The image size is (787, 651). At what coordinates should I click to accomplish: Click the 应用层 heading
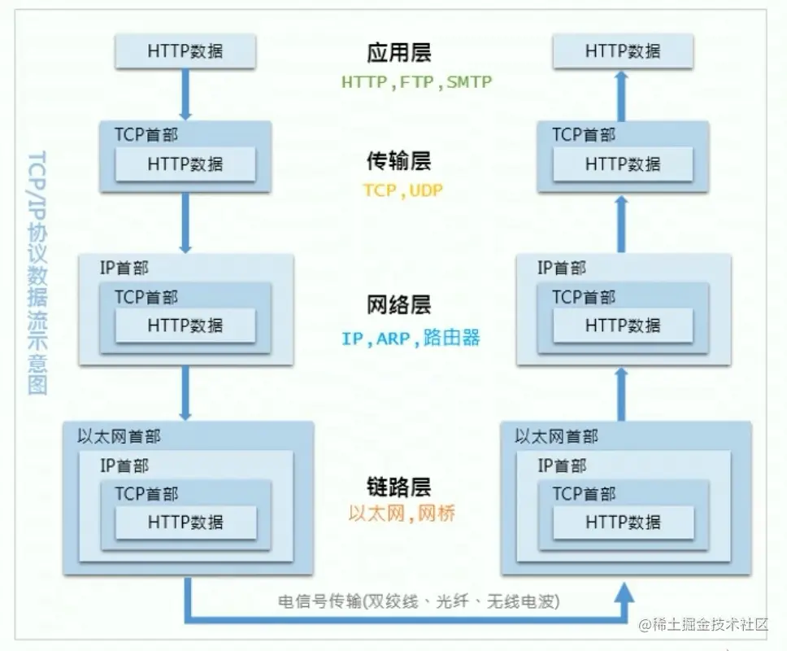[398, 53]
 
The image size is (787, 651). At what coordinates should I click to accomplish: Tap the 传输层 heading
[398, 161]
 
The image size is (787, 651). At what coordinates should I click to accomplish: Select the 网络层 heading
[398, 306]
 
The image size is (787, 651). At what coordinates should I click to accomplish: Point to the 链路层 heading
[398, 487]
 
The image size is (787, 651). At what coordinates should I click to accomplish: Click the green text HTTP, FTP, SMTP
[416, 82]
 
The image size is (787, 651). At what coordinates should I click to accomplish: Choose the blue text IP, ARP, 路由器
[411, 338]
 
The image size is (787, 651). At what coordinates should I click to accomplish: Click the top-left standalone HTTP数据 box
[185, 51]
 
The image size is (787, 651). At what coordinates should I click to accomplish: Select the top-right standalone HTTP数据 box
[623, 51]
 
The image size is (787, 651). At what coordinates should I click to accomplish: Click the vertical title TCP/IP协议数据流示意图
[37, 273]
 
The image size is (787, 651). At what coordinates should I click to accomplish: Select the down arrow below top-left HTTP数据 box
[185, 94]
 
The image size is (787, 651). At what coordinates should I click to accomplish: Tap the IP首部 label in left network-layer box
[124, 268]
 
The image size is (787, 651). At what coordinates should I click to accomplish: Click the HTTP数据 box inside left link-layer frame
[185, 522]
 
